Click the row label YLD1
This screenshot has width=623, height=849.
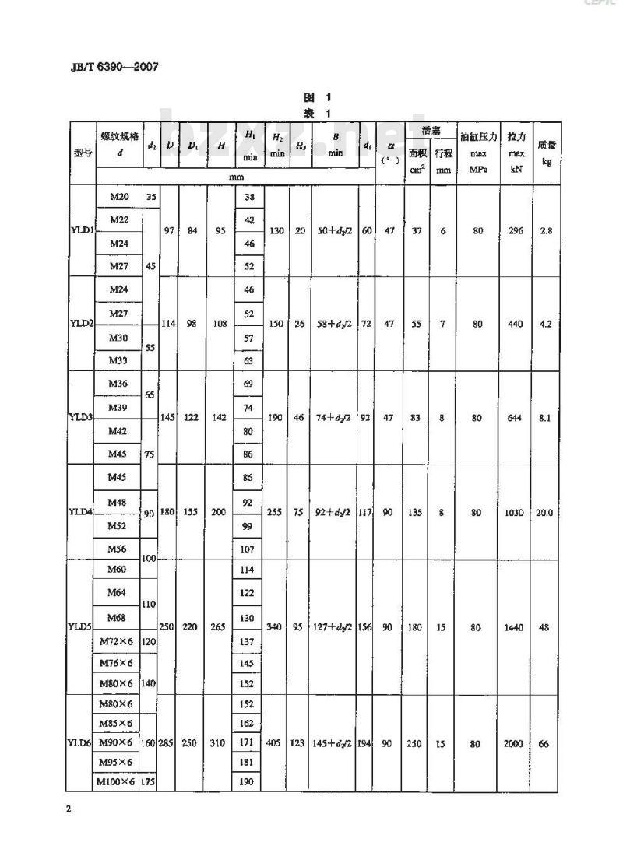click(81, 230)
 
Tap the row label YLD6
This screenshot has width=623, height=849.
click(81, 744)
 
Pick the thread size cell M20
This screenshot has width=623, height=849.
click(119, 197)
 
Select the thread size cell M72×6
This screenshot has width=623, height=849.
click(118, 641)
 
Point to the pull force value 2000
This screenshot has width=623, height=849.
click(513, 744)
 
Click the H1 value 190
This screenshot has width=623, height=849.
click(248, 781)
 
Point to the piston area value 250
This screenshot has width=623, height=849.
click(414, 744)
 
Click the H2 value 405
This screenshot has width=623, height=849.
click(276, 744)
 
